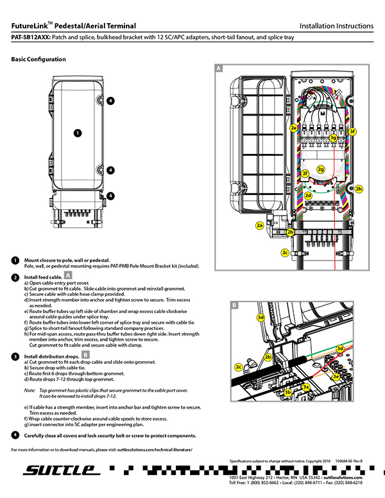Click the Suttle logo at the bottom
point(62,471)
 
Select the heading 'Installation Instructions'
point(336,26)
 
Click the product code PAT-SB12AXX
point(30,38)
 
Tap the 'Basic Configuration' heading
point(38,59)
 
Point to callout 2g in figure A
point(321,169)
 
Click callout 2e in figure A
point(293,128)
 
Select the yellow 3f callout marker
point(352,132)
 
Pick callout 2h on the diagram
point(359,189)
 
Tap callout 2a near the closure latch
point(259,225)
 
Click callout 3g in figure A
point(333,137)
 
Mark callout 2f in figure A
point(305,174)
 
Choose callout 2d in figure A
point(308,195)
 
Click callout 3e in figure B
point(336,377)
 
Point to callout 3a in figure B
point(307,386)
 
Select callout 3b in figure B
point(288,391)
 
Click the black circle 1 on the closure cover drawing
point(77,133)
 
